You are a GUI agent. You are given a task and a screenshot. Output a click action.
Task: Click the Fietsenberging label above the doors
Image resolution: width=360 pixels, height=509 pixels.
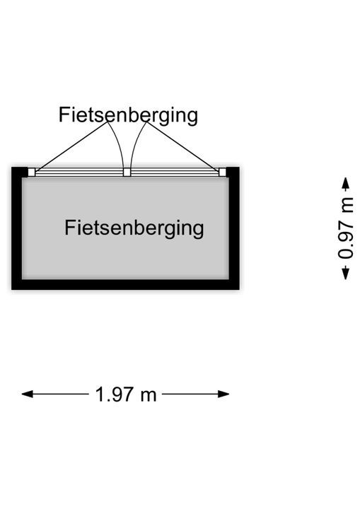pos(128,115)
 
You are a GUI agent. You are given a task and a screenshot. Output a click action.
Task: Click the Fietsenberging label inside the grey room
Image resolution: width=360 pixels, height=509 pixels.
pos(134,228)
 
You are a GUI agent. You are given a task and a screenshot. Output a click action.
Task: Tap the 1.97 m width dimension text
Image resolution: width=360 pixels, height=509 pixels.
pos(126,394)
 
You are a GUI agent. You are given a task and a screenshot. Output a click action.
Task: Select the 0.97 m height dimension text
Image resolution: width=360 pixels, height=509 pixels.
pos(346,228)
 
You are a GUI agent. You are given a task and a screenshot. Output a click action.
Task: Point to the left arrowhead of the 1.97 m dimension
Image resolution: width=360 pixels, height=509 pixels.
pos(28,394)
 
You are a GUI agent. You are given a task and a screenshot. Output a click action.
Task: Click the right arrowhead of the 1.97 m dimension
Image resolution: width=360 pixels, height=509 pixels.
pos(223,394)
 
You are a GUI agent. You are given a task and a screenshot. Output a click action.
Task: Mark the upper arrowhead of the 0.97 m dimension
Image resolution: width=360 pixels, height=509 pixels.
pos(346,183)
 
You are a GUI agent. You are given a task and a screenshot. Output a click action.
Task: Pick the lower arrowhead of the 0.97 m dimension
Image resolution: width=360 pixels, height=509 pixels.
pos(346,274)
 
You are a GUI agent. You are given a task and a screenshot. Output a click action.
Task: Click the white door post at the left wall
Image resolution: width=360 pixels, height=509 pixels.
pos(31,172)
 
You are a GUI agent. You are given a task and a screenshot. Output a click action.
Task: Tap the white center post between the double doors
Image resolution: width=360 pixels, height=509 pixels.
pos(127,172)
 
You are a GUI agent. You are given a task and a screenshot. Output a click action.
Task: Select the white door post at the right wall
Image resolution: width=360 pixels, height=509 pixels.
pos(222,172)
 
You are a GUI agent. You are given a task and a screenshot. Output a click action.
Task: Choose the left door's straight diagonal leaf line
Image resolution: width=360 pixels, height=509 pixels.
pos(71,146)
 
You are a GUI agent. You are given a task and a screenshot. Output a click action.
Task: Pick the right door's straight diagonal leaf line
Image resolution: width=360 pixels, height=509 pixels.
pos(182,146)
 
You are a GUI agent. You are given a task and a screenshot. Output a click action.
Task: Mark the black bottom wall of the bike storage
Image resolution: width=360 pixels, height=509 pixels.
pos(125,284)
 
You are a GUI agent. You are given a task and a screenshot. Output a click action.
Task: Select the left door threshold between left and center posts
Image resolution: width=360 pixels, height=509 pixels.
pos(79,172)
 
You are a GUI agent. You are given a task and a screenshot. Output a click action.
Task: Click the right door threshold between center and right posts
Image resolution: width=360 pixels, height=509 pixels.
pos(175,172)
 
